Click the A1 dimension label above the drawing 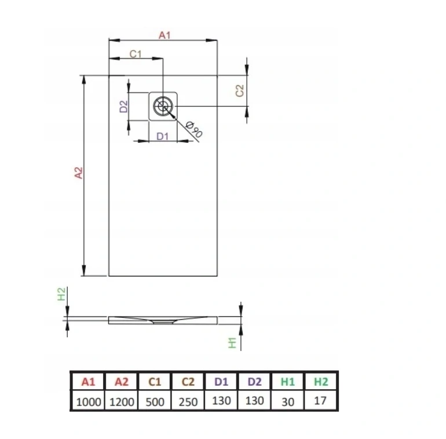[164, 35]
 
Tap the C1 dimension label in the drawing [136, 54]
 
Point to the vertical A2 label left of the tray [79, 173]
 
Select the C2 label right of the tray [240, 91]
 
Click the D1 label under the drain [162, 137]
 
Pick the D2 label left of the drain [124, 106]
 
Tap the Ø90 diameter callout [194, 129]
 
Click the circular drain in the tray [163, 106]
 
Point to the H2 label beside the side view [61, 294]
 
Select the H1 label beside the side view [232, 343]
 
